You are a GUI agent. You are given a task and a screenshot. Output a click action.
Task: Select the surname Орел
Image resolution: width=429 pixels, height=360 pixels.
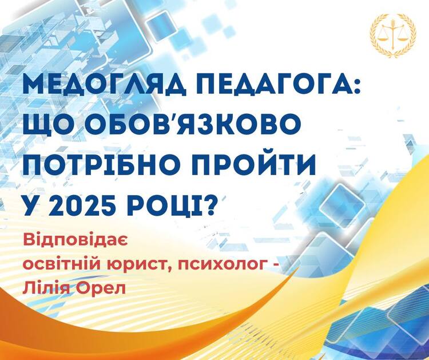pyautogui.click(x=101, y=288)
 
